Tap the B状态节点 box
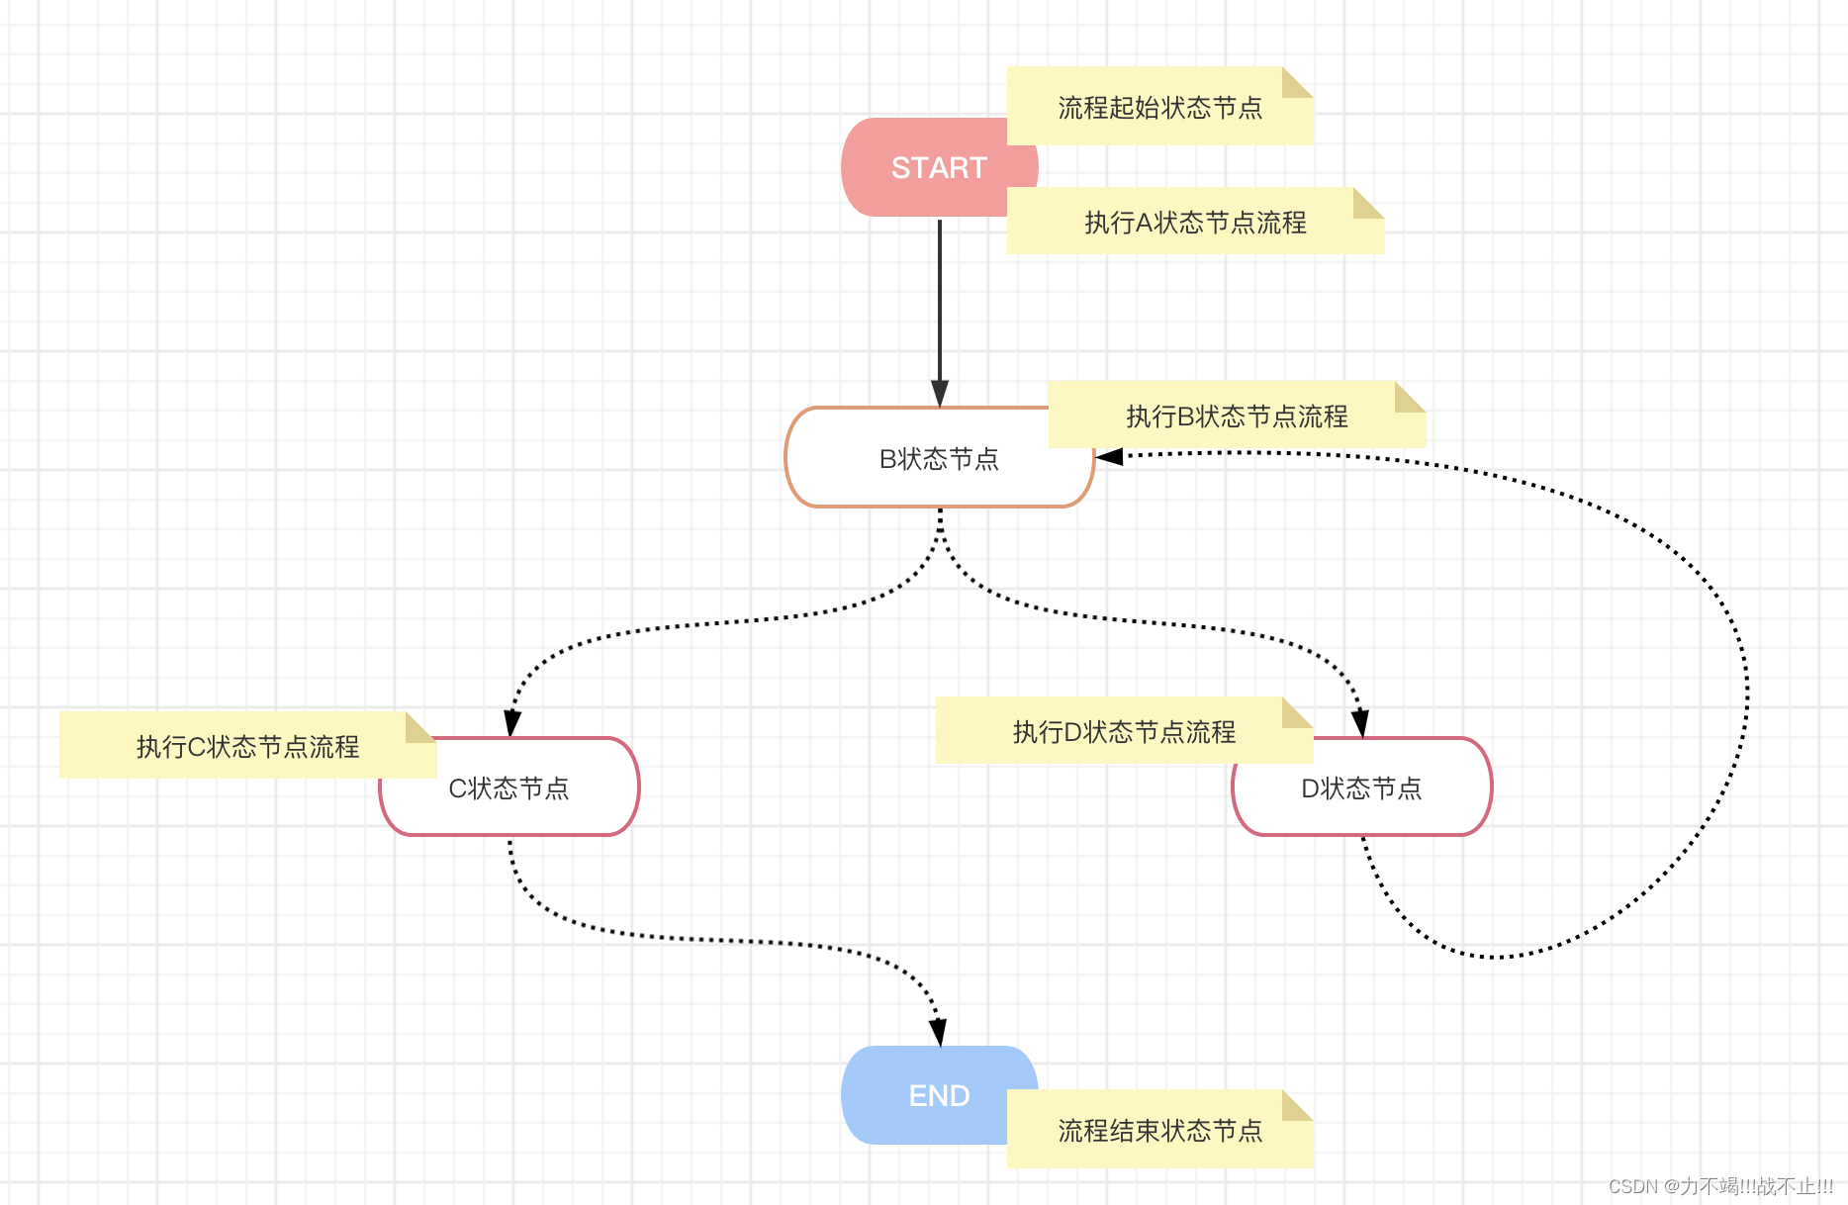pos(939,459)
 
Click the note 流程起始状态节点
pos(1159,107)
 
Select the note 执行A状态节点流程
pos(1195,222)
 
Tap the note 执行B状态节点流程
pos(1237,416)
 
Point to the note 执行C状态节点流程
pos(247,745)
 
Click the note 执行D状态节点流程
pos(1124,731)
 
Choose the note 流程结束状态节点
pos(1159,1130)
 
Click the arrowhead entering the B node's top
pos(940,394)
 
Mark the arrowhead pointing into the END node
pos(938,1033)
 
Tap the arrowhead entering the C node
pos(511,723)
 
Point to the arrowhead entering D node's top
pos(1360,723)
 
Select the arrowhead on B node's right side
pos(1110,456)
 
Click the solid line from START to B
pos(940,297)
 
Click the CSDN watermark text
pos(1720,1186)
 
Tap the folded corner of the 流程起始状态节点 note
pos(1296,83)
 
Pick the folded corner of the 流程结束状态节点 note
pos(1296,1106)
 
